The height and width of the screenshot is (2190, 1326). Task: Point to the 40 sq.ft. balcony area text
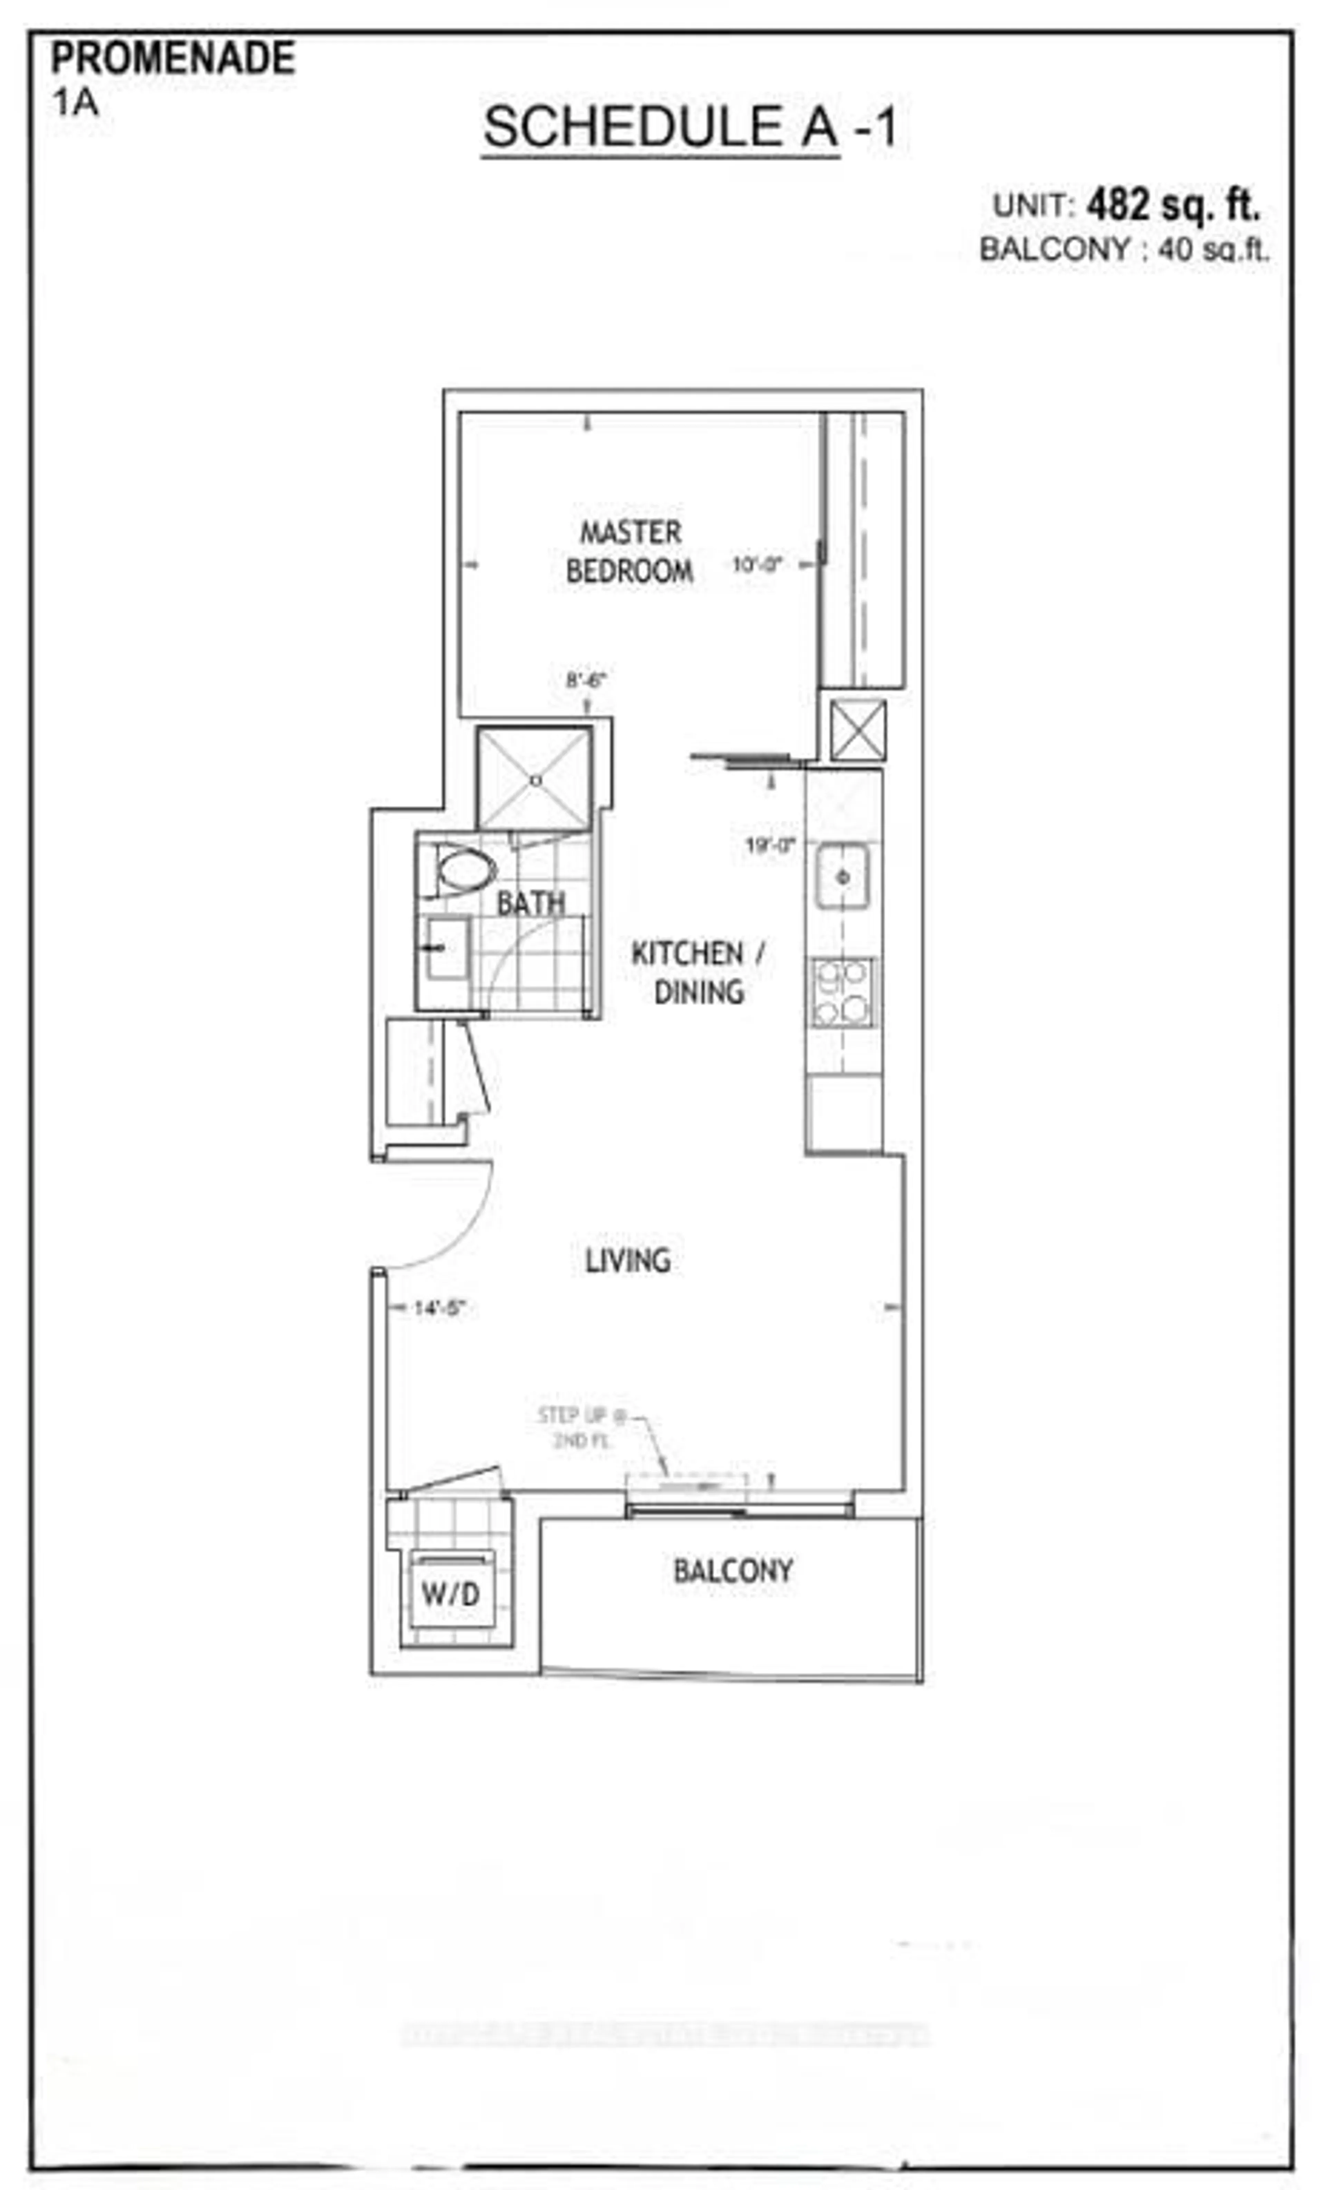click(x=1213, y=250)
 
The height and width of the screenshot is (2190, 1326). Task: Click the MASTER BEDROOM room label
click(x=630, y=552)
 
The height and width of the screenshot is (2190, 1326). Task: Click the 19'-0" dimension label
click(x=770, y=845)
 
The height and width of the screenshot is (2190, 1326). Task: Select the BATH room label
click(x=531, y=904)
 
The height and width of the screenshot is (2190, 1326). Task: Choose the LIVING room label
click(x=627, y=1260)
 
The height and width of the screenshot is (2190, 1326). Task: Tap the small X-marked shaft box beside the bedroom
click(x=858, y=731)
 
